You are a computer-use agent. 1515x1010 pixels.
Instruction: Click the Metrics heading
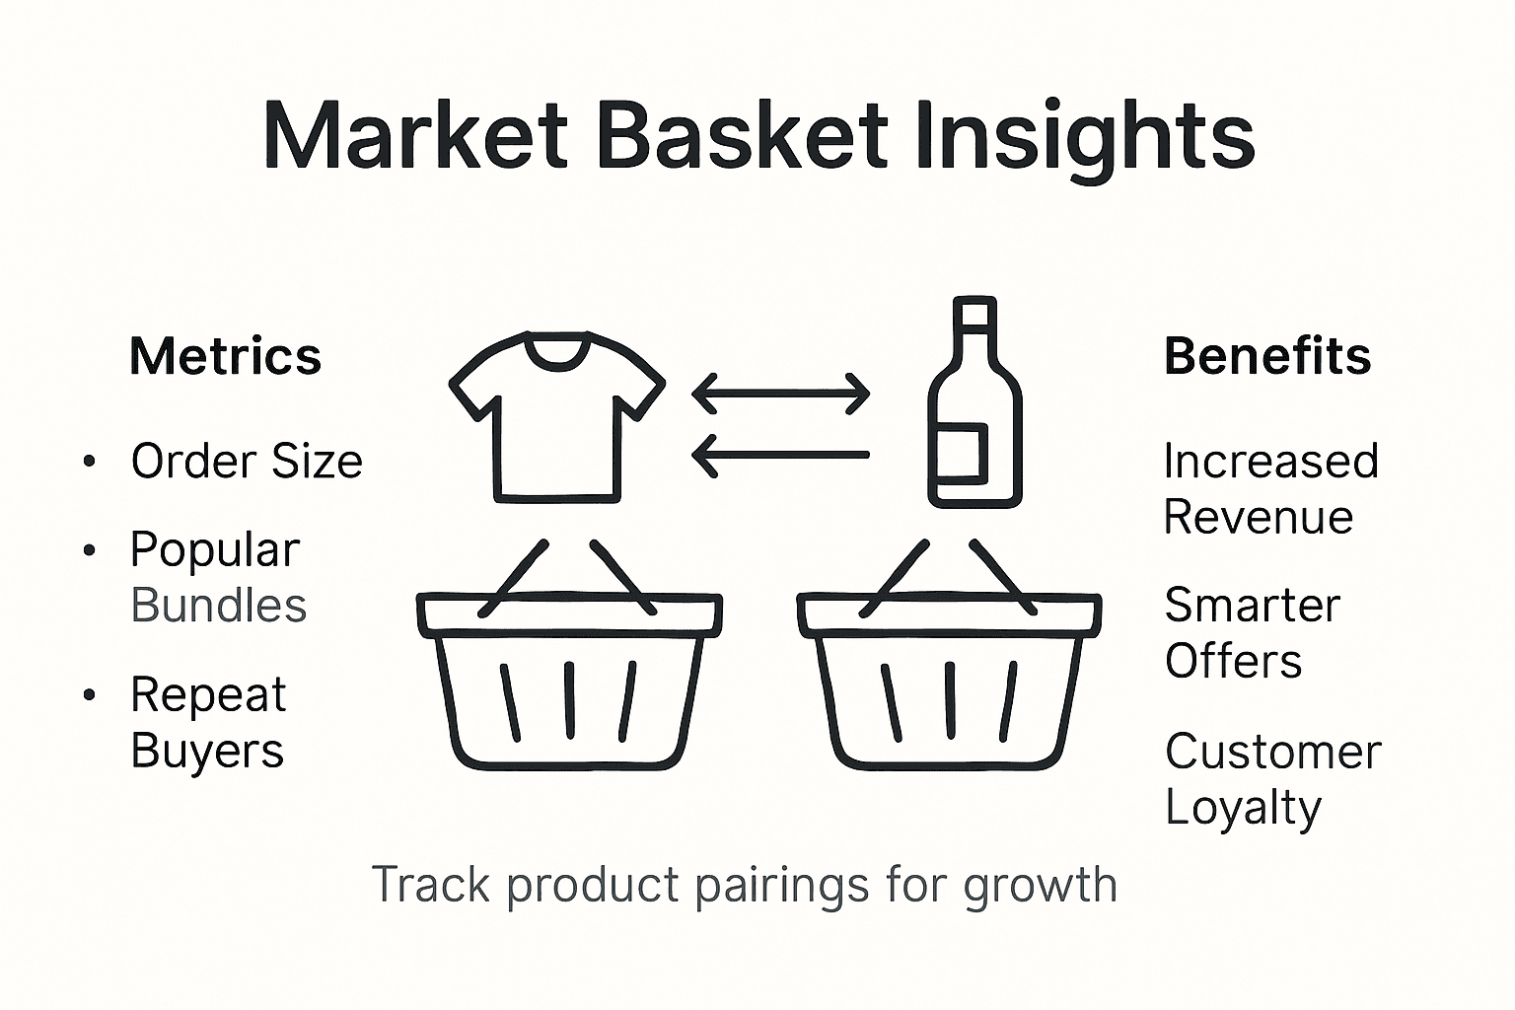pyautogui.click(x=225, y=356)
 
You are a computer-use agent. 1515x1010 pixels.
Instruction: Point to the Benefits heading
pyautogui.click(x=1267, y=356)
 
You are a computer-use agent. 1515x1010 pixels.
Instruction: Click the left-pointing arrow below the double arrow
pyautogui.click(x=781, y=456)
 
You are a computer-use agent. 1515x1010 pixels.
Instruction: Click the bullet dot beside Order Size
pyautogui.click(x=90, y=462)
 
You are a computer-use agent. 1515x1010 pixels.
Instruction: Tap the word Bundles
pyautogui.click(x=219, y=606)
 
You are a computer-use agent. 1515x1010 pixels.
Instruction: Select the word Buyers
pyautogui.click(x=207, y=751)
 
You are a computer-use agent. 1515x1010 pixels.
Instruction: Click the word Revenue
pyautogui.click(x=1259, y=518)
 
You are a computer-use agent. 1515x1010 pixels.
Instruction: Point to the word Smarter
pyautogui.click(x=1253, y=606)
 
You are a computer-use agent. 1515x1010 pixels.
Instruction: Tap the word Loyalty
pyautogui.click(x=1243, y=809)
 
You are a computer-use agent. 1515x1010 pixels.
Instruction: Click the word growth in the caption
pyautogui.click(x=1040, y=885)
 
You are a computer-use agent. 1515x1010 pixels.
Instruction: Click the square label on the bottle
pyautogui.click(x=963, y=453)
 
